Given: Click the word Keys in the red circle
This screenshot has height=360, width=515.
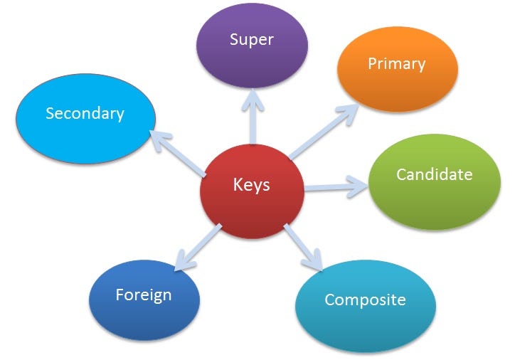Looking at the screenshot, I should coord(252,185).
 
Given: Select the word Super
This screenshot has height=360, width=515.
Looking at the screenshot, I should coord(252,38).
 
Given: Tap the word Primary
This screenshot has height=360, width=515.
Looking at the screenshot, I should coord(396,64).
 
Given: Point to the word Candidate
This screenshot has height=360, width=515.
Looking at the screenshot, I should coord(434,174).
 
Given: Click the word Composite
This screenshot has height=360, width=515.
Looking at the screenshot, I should coord(365,300).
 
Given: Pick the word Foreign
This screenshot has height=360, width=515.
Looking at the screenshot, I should coord(144,294).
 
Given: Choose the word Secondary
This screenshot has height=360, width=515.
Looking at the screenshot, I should coord(85,112).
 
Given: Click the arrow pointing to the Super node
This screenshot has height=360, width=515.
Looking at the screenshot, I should coord(252,117).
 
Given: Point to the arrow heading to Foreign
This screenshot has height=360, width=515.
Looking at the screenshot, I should coord(198,245).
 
